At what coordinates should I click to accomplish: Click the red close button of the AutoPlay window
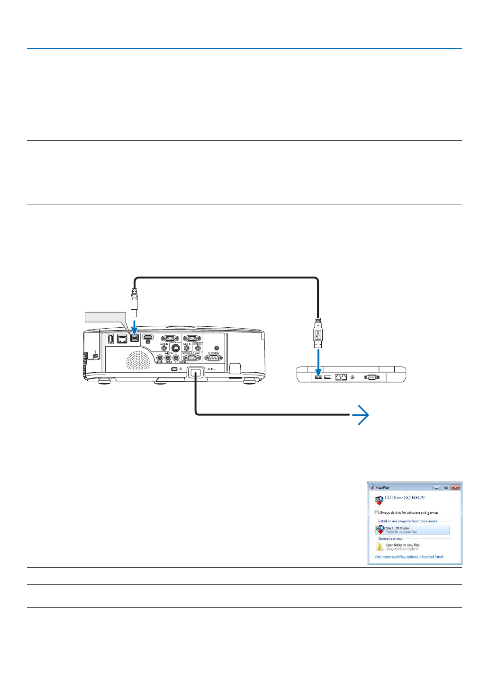pos(455,487)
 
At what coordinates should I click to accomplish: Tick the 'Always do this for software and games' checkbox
pos(377,512)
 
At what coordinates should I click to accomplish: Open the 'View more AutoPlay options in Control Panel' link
pos(408,556)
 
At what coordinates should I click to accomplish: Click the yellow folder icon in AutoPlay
pos(380,547)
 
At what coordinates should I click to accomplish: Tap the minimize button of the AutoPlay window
pos(436,487)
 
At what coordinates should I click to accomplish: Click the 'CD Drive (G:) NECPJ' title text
pos(405,498)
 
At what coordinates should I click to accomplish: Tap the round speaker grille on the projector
pos(137,360)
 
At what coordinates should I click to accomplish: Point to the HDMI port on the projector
pos(148,338)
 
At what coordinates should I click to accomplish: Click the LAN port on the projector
pos(122,339)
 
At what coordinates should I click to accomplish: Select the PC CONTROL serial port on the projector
pos(213,358)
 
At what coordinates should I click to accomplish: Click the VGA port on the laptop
pos(371,377)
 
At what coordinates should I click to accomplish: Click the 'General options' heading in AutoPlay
pos(390,538)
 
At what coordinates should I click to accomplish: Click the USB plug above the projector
pos(135,303)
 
